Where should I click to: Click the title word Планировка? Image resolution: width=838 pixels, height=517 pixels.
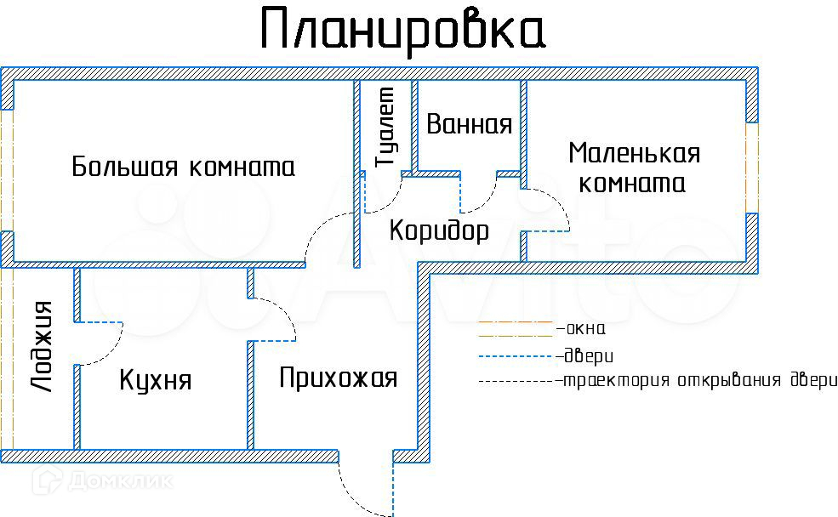pyautogui.click(x=403, y=31)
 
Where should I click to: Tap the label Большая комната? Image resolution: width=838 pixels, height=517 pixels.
pyautogui.click(x=183, y=166)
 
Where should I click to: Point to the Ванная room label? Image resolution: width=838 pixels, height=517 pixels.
pyautogui.click(x=470, y=124)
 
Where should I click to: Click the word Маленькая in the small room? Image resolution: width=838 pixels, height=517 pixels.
pyautogui.click(x=635, y=153)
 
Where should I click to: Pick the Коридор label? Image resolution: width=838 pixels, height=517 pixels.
pyautogui.click(x=439, y=231)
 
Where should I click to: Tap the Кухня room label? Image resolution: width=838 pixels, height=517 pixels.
pyautogui.click(x=155, y=380)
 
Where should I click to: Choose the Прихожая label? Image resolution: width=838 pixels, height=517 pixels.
pyautogui.click(x=339, y=378)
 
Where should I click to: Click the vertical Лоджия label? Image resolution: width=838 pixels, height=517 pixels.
pyautogui.click(x=41, y=347)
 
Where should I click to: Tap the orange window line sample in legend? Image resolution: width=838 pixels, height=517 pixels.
pyautogui.click(x=516, y=322)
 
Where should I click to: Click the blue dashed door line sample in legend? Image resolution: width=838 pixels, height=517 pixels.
pyautogui.click(x=516, y=356)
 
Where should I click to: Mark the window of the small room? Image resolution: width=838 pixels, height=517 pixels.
pyautogui.click(x=752, y=168)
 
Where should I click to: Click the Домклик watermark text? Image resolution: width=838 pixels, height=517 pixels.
pyautogui.click(x=120, y=481)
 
